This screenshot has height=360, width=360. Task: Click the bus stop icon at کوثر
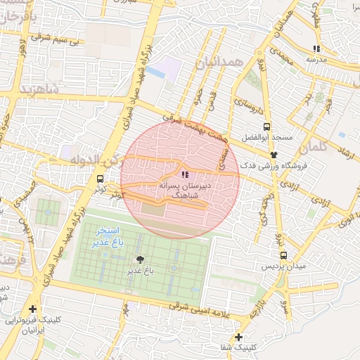100,179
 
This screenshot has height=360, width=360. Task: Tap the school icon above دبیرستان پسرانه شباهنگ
184,174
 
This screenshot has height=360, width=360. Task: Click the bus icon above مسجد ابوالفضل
266,127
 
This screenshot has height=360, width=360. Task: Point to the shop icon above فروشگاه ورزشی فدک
274,154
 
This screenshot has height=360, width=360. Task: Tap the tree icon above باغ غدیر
139,259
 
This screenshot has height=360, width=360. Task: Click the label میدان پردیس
283,267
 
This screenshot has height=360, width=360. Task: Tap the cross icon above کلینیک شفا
239,337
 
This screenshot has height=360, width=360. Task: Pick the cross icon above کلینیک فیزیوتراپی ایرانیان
32,309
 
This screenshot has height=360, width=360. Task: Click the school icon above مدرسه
316,49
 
